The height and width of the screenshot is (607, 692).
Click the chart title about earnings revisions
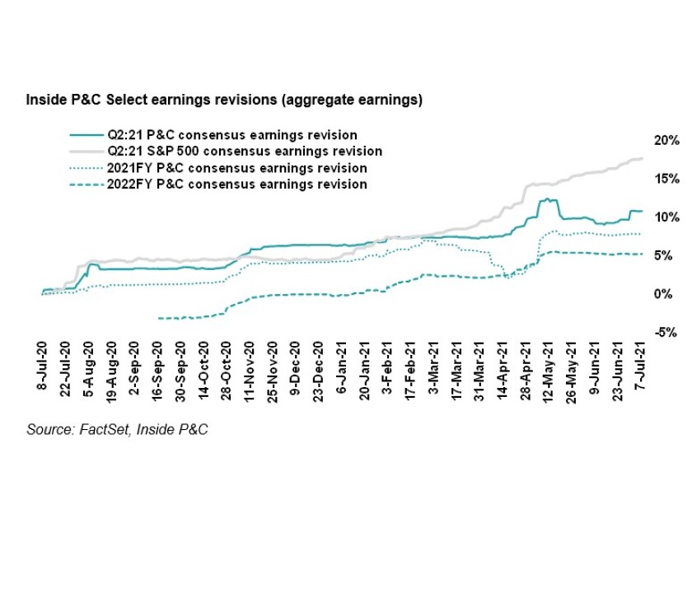224,100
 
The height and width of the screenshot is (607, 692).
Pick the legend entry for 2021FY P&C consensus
237,168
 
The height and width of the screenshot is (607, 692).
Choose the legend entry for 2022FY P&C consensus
237,184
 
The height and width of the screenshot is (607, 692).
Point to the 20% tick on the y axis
666,140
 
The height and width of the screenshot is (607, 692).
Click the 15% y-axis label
666,179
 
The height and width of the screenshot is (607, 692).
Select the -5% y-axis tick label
666,333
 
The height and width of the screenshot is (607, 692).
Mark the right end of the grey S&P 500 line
642,158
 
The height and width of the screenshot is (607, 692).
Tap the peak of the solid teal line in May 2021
544,199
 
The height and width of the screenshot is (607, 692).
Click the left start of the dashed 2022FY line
159,318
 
